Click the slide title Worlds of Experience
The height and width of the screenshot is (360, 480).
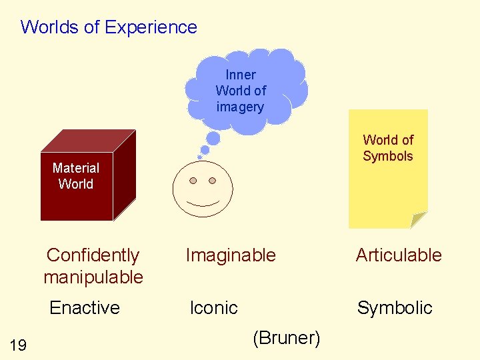(x=109, y=27)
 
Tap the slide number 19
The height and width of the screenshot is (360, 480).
(x=19, y=345)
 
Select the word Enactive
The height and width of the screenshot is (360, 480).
(x=85, y=307)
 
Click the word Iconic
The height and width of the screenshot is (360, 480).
(x=213, y=307)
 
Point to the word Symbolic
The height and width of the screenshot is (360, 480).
(x=395, y=307)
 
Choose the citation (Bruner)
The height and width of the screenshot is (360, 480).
(x=287, y=338)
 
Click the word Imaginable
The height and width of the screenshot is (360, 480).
(x=231, y=255)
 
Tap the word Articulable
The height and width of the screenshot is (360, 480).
(x=399, y=255)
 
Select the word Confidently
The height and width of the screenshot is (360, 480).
(x=93, y=255)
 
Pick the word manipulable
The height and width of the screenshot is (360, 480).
(x=93, y=277)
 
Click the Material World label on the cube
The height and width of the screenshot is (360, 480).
(x=76, y=176)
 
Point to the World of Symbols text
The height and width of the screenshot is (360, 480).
(x=388, y=148)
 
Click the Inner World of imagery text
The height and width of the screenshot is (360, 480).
(x=241, y=91)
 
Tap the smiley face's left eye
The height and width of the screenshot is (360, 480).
(x=193, y=181)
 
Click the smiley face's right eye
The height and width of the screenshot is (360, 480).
(x=213, y=181)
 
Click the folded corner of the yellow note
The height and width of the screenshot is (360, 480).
(x=418, y=219)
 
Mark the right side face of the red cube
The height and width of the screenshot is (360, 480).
(x=124, y=176)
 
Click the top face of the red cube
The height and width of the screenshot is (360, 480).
(x=90, y=141)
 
